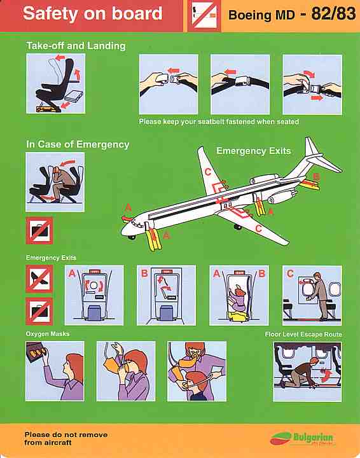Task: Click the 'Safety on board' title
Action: (x=92, y=14)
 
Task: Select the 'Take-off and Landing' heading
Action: (x=76, y=46)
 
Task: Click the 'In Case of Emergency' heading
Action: (x=78, y=144)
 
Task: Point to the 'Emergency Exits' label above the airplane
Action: (x=253, y=151)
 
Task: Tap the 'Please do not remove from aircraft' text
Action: (x=66, y=438)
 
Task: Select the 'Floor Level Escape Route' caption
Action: (x=303, y=335)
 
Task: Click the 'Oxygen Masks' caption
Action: (x=48, y=334)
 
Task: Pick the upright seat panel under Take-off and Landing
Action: (x=55, y=84)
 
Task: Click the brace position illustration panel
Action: (x=55, y=182)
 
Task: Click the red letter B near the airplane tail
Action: (x=316, y=176)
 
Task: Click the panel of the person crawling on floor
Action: (x=307, y=371)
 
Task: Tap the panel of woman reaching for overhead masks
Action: (x=55, y=371)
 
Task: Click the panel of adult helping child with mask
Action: (x=197, y=371)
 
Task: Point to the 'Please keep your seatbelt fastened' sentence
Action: (x=219, y=121)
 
